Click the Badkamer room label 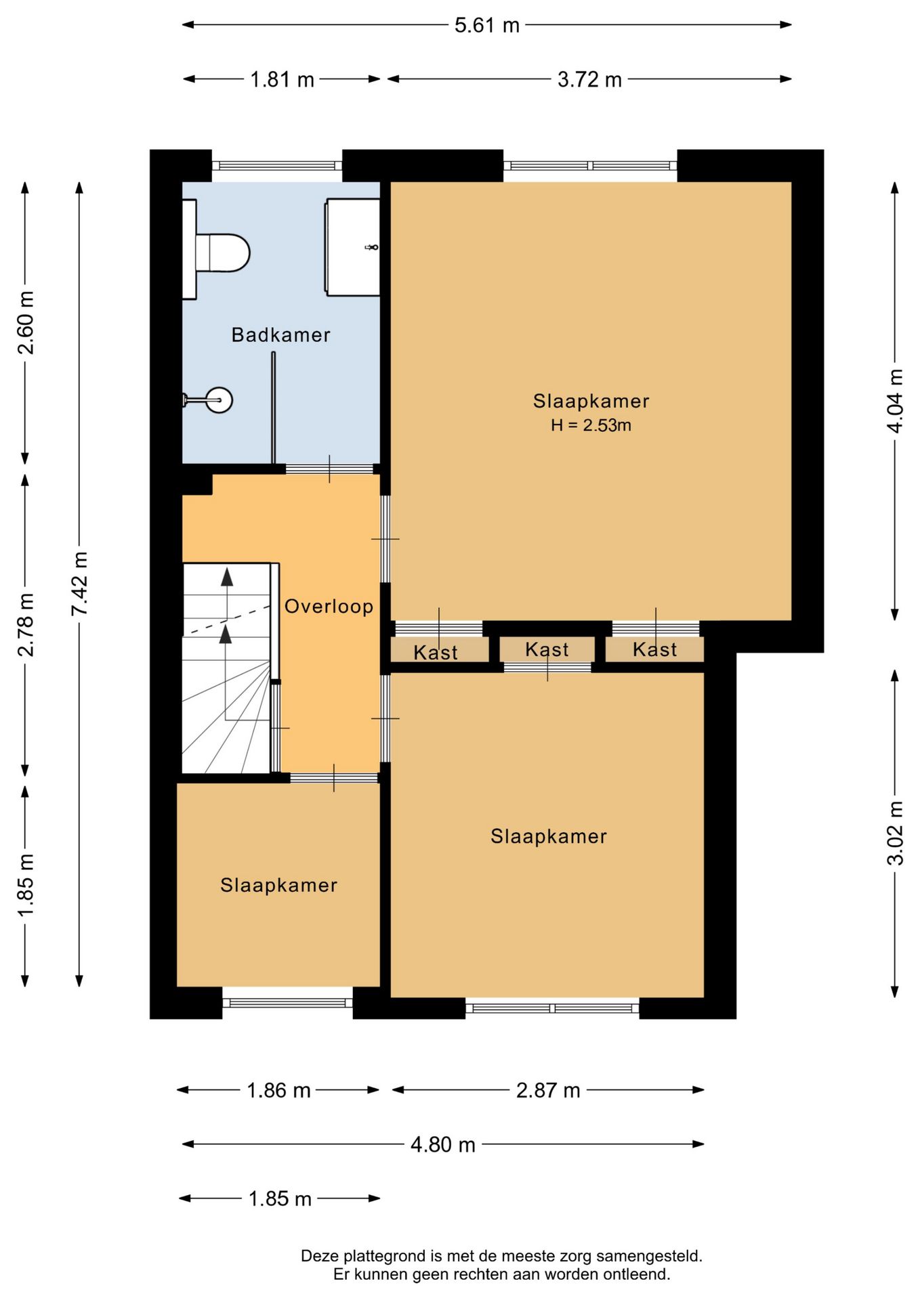280,334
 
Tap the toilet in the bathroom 216,250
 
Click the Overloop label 329,606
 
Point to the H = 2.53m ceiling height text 591,425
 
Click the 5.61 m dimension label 486,25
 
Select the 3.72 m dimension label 589,79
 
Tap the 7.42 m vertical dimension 80,583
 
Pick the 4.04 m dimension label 895,401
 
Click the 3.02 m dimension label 895,833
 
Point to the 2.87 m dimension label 548,1090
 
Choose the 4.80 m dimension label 443,1144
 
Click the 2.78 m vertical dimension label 26,624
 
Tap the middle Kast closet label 547,649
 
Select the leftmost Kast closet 440,650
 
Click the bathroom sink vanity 352,247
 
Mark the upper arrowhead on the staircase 227,577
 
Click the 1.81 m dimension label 282,79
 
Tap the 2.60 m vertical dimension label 26,322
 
